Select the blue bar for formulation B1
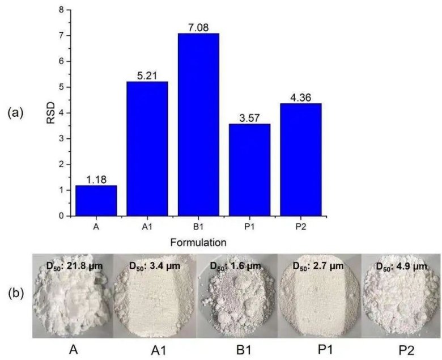point(198,125)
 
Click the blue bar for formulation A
point(96,200)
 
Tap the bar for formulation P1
point(249,170)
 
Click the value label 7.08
point(198,27)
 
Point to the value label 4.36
point(300,97)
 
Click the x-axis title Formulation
point(198,242)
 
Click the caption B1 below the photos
point(235,350)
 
